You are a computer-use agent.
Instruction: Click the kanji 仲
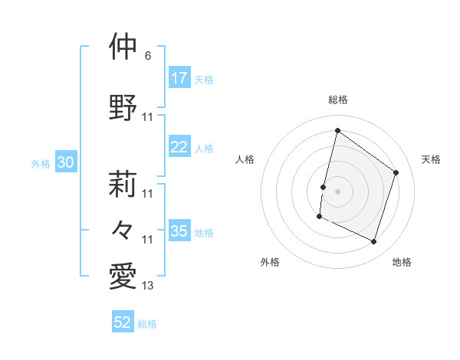click(123, 47)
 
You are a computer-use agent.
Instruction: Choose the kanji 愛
click(123, 277)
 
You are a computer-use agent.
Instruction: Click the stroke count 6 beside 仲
click(148, 57)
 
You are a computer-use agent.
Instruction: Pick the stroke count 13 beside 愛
click(148, 286)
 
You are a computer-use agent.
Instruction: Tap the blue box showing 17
click(179, 78)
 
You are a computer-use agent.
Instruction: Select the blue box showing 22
click(179, 148)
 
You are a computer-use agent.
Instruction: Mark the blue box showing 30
click(65, 162)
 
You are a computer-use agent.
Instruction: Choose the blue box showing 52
click(123, 322)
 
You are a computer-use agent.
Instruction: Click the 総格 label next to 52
click(147, 324)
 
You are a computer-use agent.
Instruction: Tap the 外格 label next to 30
click(41, 164)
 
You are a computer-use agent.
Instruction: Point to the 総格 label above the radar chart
click(338, 100)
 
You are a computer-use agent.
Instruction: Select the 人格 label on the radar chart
click(245, 159)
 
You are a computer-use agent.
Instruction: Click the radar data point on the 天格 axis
click(396, 172)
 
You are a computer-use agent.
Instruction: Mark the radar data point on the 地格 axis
click(374, 242)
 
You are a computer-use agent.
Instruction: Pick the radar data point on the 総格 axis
click(337, 131)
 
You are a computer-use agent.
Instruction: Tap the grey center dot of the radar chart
click(337, 191)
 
